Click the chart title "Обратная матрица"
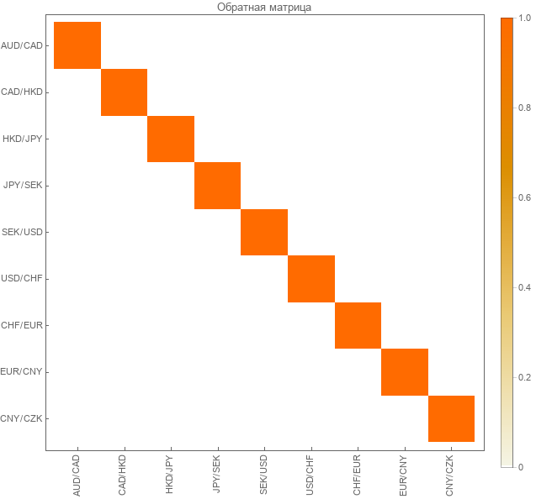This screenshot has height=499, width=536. click(x=264, y=8)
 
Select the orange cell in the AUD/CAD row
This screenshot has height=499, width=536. click(x=77, y=45)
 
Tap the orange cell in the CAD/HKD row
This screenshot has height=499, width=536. click(x=124, y=92)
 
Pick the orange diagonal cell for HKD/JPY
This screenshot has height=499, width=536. click(x=171, y=139)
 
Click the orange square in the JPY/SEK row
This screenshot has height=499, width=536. click(x=218, y=185)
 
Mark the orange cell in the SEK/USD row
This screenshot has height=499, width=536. click(x=264, y=232)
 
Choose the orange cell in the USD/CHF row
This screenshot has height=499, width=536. click(x=311, y=278)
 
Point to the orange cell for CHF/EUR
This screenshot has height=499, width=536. click(x=358, y=325)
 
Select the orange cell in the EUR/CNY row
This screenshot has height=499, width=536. click(x=405, y=371)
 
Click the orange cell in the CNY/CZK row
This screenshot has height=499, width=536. click(x=451, y=418)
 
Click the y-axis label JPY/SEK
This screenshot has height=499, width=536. click(x=22, y=185)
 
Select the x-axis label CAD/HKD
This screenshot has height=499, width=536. click(x=124, y=475)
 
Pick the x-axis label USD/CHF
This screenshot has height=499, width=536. click(x=311, y=475)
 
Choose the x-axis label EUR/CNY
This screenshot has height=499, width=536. click(x=405, y=475)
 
